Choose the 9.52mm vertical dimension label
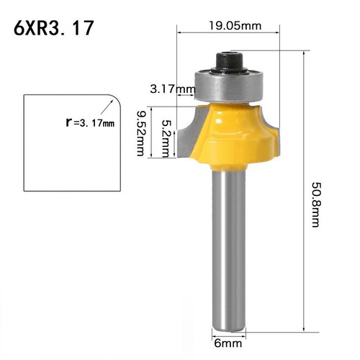click(142, 132)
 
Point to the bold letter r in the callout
click(69, 122)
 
